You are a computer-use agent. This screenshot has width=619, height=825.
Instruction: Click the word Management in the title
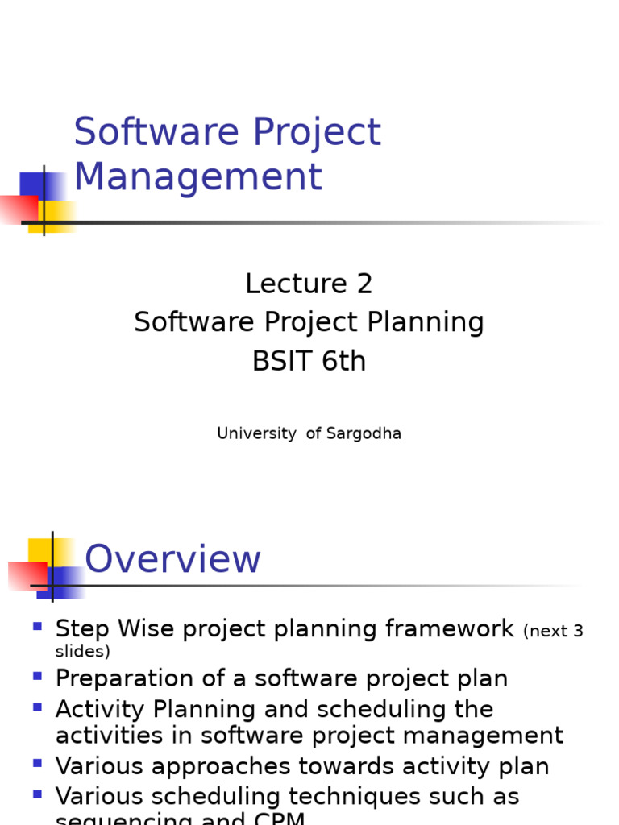pos(197,177)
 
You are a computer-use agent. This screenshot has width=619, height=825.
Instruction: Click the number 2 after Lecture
pos(364,284)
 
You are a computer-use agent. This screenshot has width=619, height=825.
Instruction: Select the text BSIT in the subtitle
pos(283,362)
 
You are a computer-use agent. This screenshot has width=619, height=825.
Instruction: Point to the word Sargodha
pos(364,433)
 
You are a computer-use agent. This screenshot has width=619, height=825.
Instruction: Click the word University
pos(256,433)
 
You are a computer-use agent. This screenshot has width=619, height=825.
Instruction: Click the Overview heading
pos(172,559)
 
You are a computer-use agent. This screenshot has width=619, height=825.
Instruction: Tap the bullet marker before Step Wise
pos(37,625)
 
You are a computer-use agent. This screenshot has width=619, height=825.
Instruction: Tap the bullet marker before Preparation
pos(37,675)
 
